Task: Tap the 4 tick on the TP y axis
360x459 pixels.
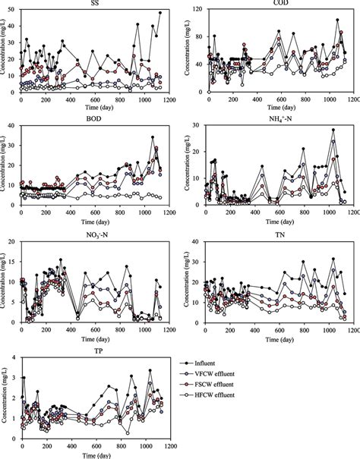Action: [15, 357]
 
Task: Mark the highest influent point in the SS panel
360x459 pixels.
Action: [160, 13]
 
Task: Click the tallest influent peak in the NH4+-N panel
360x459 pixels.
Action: [333, 130]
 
